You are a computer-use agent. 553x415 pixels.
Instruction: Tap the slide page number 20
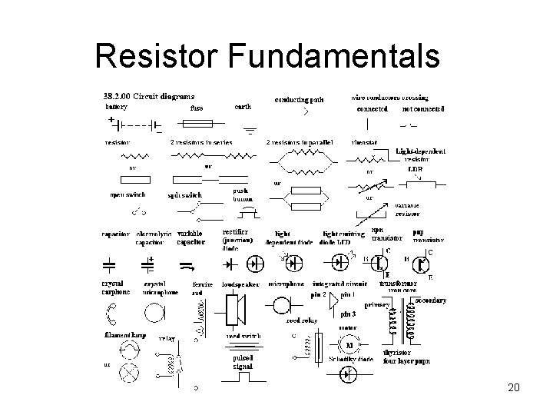(514, 388)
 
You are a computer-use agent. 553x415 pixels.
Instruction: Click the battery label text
(117, 108)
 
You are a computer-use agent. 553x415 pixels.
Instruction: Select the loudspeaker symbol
(237, 309)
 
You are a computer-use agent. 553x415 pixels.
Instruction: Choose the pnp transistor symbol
(421, 263)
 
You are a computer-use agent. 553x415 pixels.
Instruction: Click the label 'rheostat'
(364, 142)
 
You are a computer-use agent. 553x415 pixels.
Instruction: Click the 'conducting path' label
(300, 100)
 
